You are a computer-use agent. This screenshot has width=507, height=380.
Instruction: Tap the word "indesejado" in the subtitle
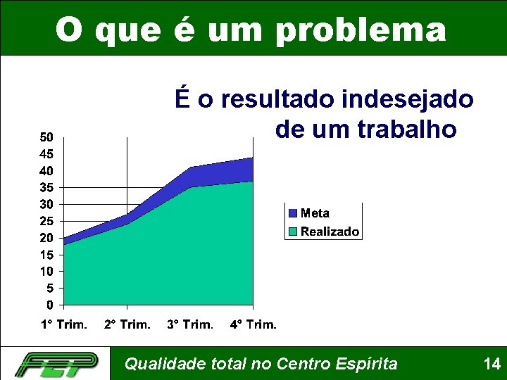click(408, 100)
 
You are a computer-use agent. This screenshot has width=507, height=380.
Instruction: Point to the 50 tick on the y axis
click(45, 137)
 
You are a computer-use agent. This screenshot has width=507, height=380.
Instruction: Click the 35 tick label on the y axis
click(45, 188)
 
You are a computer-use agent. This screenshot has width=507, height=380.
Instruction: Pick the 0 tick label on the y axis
click(49, 305)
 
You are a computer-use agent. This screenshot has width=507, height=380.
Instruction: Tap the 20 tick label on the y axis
click(45, 238)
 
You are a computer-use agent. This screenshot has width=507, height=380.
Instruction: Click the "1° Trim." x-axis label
click(63, 324)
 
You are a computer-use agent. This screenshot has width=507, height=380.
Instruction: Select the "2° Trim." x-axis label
click(127, 324)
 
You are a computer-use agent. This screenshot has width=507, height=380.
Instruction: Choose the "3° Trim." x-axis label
click(190, 324)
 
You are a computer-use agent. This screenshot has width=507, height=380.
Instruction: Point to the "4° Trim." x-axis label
click(254, 324)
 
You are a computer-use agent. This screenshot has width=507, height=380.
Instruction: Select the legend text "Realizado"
click(330, 232)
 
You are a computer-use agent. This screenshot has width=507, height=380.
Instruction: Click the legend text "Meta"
click(315, 213)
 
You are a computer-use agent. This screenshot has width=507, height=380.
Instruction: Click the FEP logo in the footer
click(57, 363)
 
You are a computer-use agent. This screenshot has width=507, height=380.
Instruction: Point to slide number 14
click(492, 364)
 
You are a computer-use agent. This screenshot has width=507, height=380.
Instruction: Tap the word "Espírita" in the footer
click(369, 364)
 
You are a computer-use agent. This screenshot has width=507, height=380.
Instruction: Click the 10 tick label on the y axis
click(45, 272)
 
